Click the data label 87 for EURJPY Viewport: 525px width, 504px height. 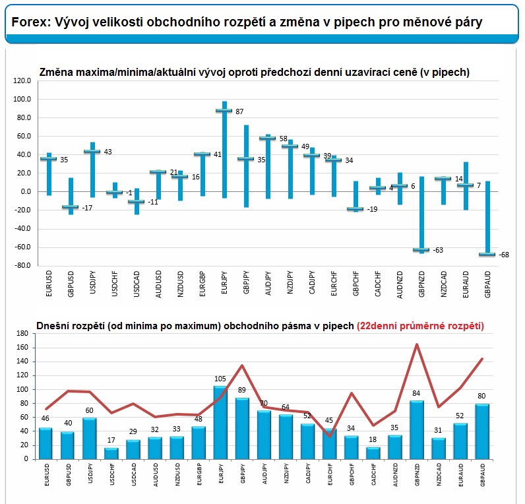pyautogui.click(x=240, y=111)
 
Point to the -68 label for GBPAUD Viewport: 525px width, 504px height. pyautogui.click(x=505, y=255)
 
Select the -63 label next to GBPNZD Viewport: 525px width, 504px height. pyautogui.click(x=439, y=251)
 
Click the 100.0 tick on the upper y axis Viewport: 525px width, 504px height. pyautogui.click(x=22, y=100)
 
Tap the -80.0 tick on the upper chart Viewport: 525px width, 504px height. pyautogui.click(x=22, y=266)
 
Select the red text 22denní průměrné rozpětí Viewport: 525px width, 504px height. pyautogui.click(x=420, y=326)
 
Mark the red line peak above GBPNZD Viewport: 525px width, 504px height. pyautogui.click(x=417, y=344)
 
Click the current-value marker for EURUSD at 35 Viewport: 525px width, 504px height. pyautogui.click(x=48, y=159)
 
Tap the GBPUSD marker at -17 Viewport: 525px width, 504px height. pyautogui.click(x=70, y=207)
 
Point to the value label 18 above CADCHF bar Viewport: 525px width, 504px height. pyautogui.click(x=374, y=439)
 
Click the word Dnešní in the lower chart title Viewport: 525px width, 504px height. pyautogui.click(x=52, y=326)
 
